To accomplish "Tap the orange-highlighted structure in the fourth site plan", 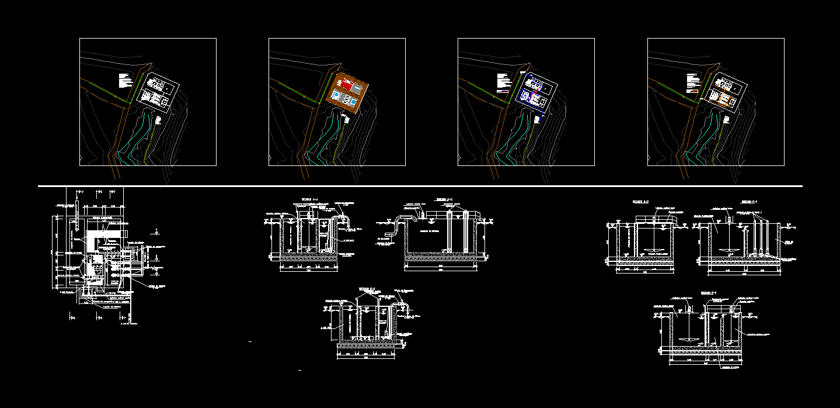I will coord(724,98).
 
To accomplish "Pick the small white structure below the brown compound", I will coord(347,119).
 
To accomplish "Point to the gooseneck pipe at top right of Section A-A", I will coord(341,219).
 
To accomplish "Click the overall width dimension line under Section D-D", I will coord(445,265).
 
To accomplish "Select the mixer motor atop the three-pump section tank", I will coord(730,220).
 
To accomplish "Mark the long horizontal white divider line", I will coord(420,186).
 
